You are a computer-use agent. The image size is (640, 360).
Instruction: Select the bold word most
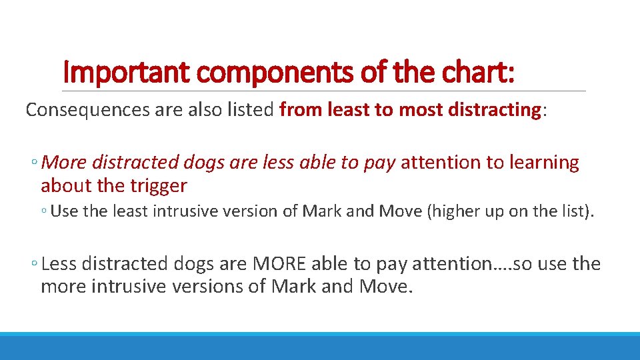417,110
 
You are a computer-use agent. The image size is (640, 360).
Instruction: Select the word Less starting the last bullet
59,264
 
